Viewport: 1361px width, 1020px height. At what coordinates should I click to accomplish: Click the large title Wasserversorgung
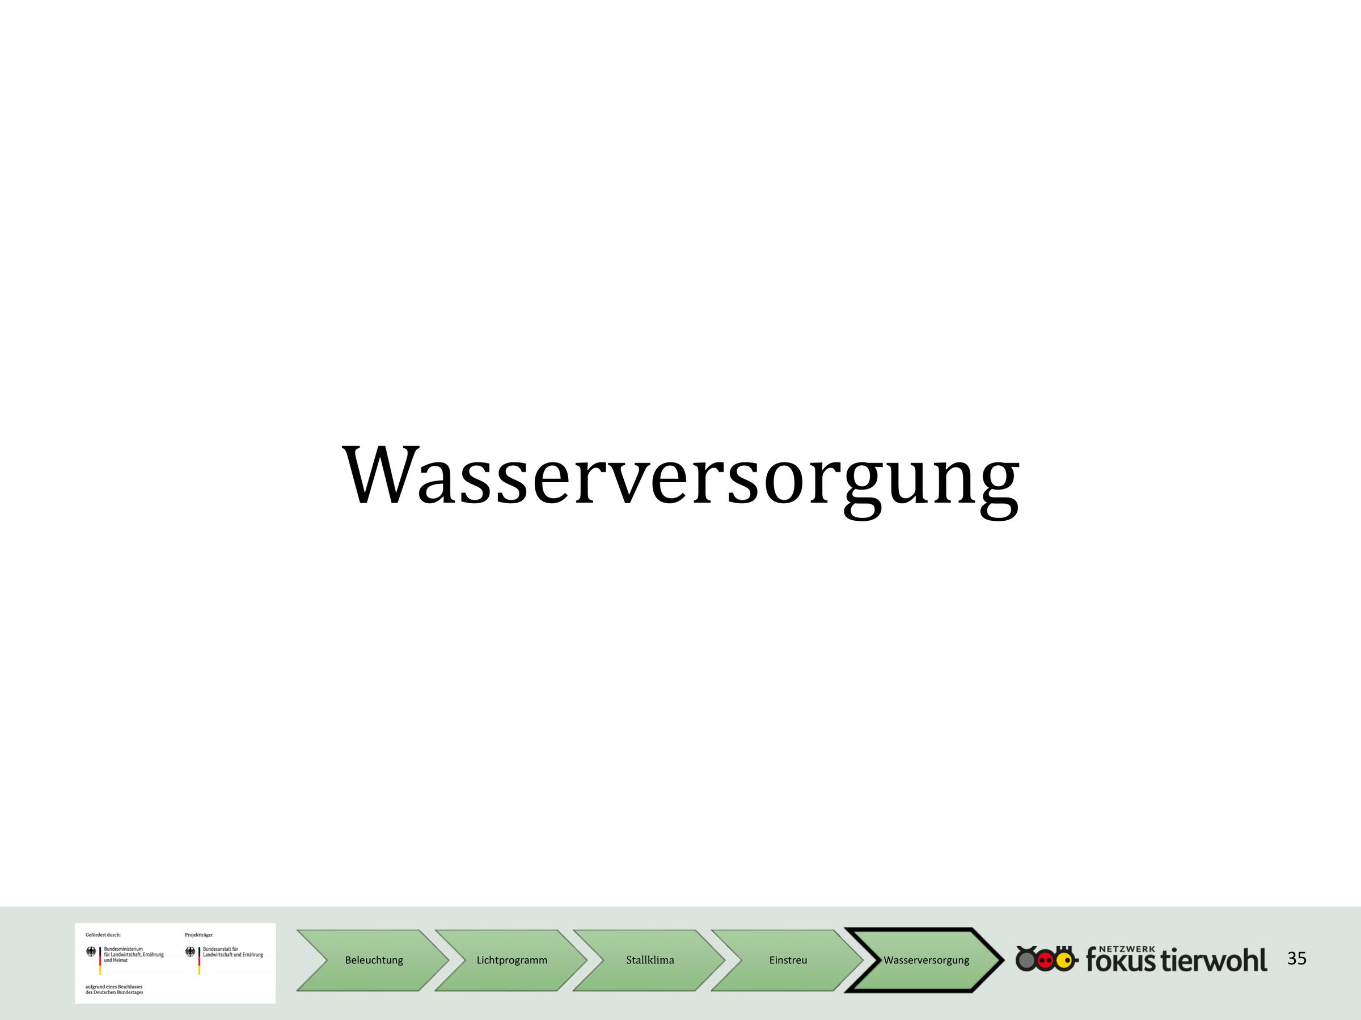tap(681, 478)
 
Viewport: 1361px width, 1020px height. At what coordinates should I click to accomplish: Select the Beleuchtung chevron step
tap(374, 960)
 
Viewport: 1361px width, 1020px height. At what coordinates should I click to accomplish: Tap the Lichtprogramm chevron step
tap(512, 960)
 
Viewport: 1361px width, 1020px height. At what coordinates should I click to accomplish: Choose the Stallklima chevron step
tap(650, 960)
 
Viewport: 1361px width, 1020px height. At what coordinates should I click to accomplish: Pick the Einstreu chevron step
tap(788, 960)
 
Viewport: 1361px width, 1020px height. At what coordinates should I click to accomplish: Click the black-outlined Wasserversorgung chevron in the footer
tap(926, 960)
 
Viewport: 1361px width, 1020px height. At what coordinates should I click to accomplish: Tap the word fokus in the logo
tap(1121, 960)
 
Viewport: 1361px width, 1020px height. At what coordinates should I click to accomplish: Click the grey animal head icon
tap(1026, 959)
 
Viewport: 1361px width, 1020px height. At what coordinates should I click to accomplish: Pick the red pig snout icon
tap(1045, 960)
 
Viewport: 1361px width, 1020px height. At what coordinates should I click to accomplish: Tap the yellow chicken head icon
tap(1064, 960)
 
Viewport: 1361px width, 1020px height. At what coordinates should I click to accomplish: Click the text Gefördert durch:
tap(103, 934)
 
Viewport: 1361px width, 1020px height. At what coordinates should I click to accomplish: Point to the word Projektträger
tap(198, 934)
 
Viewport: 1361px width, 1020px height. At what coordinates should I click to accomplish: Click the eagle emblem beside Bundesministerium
tap(91, 953)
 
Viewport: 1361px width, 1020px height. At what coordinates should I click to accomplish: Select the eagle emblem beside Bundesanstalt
tap(190, 953)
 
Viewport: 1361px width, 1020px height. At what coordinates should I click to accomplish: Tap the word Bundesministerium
tap(124, 949)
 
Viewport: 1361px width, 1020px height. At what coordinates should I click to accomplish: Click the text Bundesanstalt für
tap(219, 949)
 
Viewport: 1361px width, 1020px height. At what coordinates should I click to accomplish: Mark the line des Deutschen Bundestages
tap(115, 992)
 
